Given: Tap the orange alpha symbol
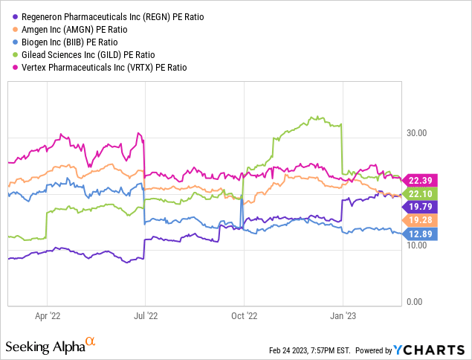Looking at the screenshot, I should pyautogui.click(x=91, y=341).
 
